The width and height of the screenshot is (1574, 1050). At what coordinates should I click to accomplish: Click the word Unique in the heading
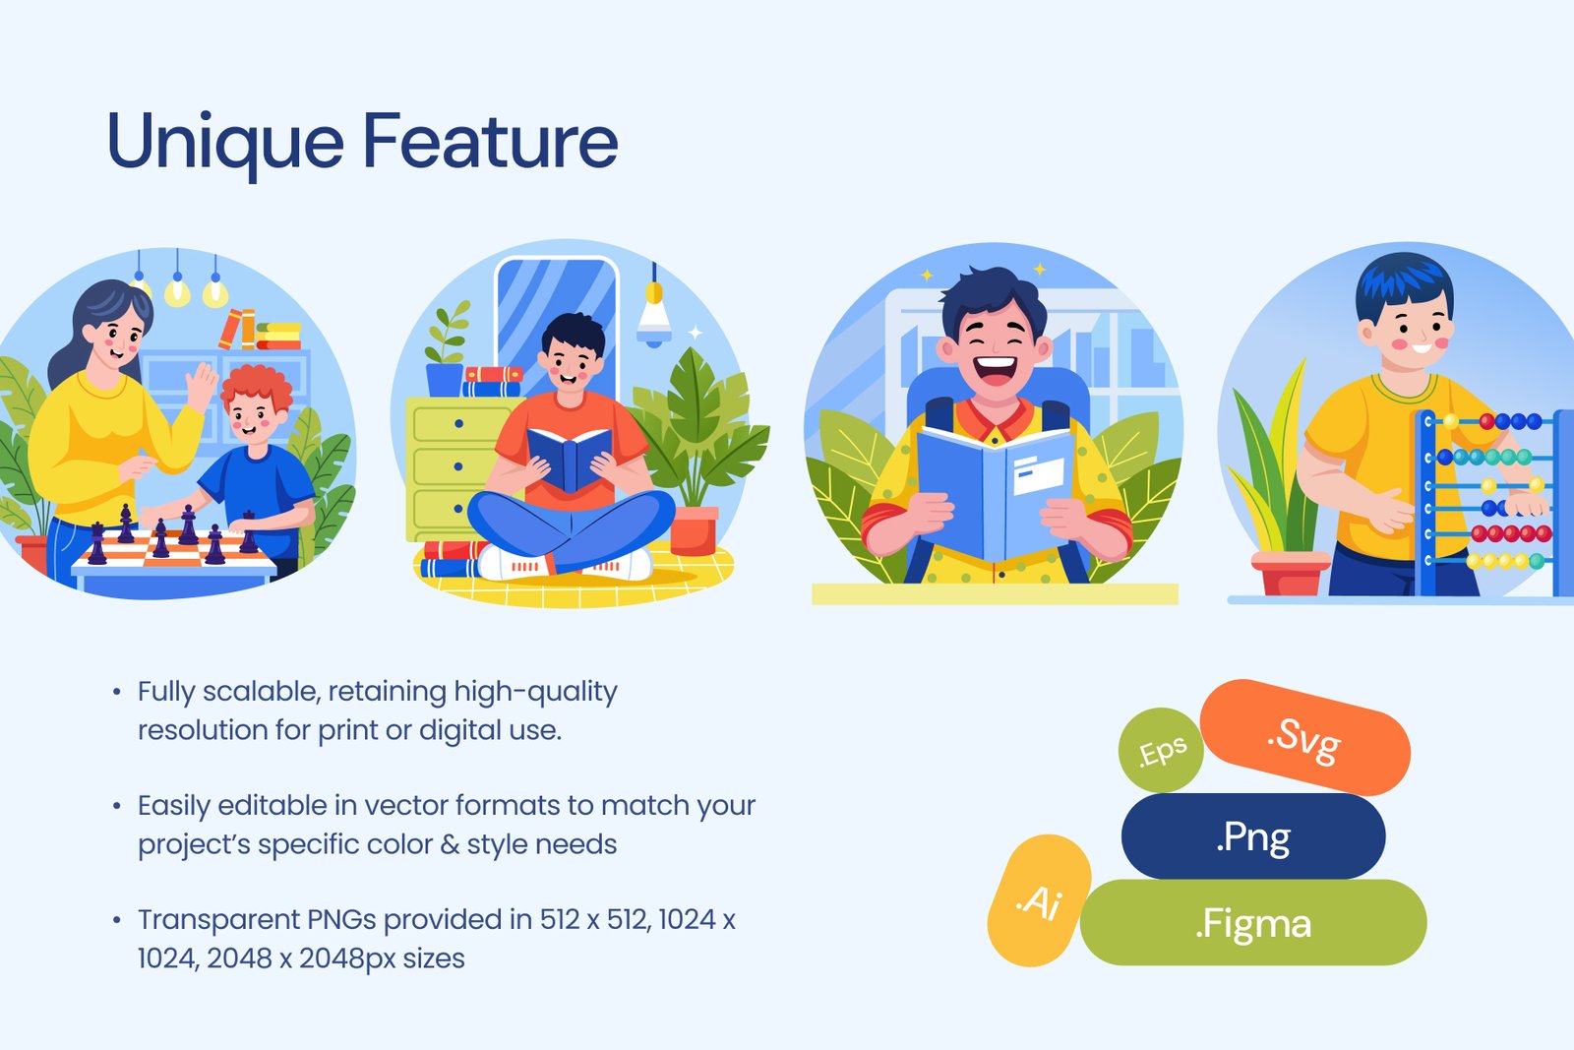[x=225, y=143]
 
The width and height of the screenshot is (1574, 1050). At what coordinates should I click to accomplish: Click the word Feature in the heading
[x=491, y=141]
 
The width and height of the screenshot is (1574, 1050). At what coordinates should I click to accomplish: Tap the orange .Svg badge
[x=1304, y=737]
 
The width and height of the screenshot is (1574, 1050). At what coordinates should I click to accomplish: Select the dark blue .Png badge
[x=1253, y=836]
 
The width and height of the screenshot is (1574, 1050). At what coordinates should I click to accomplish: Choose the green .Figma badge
[x=1253, y=922]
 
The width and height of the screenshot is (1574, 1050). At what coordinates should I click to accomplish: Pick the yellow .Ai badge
[x=1039, y=900]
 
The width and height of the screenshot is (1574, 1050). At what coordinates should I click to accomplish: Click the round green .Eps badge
[x=1161, y=750]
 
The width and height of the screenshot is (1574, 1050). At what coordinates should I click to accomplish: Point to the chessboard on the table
[x=176, y=548]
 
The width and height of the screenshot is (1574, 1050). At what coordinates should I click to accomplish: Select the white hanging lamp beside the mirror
[x=654, y=316]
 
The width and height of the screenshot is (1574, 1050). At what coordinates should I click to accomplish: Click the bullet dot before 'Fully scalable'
[x=117, y=692]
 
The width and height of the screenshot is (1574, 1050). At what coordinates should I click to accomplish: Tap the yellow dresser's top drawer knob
[x=458, y=424]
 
